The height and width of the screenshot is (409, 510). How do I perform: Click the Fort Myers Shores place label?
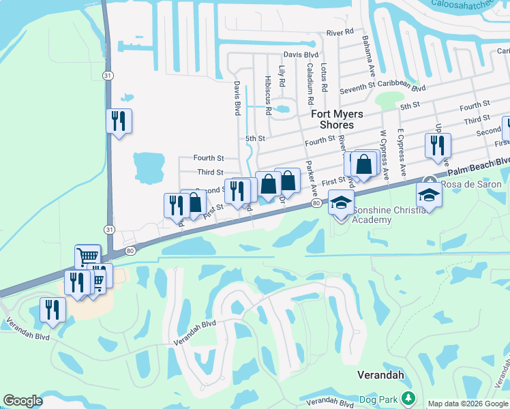(337, 119)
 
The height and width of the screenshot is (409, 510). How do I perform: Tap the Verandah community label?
(381, 375)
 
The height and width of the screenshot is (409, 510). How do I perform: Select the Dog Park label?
(377, 397)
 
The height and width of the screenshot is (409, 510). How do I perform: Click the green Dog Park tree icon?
(408, 397)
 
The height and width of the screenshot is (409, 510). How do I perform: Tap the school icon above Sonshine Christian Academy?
(341, 202)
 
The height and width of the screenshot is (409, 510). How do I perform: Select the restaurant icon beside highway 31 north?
(119, 121)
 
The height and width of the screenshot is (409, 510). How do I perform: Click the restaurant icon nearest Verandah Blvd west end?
(52, 309)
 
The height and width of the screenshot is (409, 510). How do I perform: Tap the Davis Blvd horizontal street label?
(301, 55)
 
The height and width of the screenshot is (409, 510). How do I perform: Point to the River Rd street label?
(340, 32)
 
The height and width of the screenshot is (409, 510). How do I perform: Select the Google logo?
(22, 401)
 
